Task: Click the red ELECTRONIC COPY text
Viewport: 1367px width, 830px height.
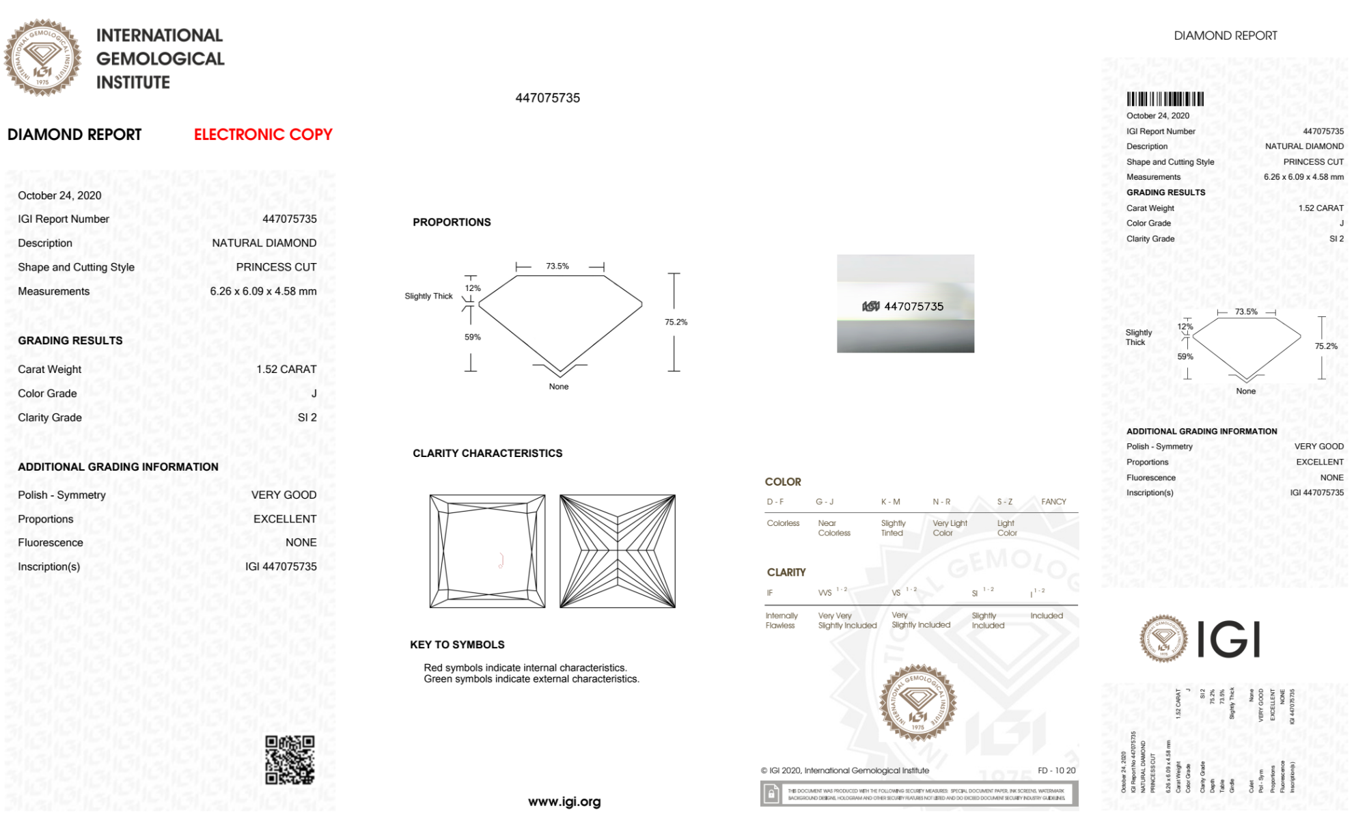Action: tap(263, 135)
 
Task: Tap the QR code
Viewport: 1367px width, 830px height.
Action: tap(290, 760)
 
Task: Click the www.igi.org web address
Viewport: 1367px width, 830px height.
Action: tap(564, 801)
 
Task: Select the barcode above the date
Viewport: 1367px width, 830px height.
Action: tap(1165, 99)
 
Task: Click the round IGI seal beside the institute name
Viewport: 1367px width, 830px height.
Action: tap(42, 57)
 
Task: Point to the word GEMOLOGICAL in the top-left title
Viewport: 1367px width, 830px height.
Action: tap(161, 59)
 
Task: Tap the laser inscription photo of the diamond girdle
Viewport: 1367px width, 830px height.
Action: tap(905, 304)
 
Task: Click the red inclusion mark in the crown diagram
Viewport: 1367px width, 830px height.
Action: tap(501, 561)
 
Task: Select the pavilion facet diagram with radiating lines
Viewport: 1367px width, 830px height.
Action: tap(617, 551)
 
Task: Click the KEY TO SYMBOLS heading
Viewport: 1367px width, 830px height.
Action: tap(457, 644)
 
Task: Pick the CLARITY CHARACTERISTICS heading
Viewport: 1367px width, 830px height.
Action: tap(487, 453)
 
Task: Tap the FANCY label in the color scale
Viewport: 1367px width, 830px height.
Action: tap(1053, 501)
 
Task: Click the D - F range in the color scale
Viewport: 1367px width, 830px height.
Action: tap(775, 501)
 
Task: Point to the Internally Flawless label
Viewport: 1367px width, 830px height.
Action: tap(781, 620)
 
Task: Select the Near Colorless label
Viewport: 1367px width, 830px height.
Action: tap(834, 528)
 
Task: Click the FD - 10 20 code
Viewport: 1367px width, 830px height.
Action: tap(1056, 771)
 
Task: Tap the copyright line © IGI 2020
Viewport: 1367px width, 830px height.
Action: tap(845, 771)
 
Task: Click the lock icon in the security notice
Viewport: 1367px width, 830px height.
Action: tap(771, 794)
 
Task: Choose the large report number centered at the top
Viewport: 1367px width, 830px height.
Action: tap(547, 98)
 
